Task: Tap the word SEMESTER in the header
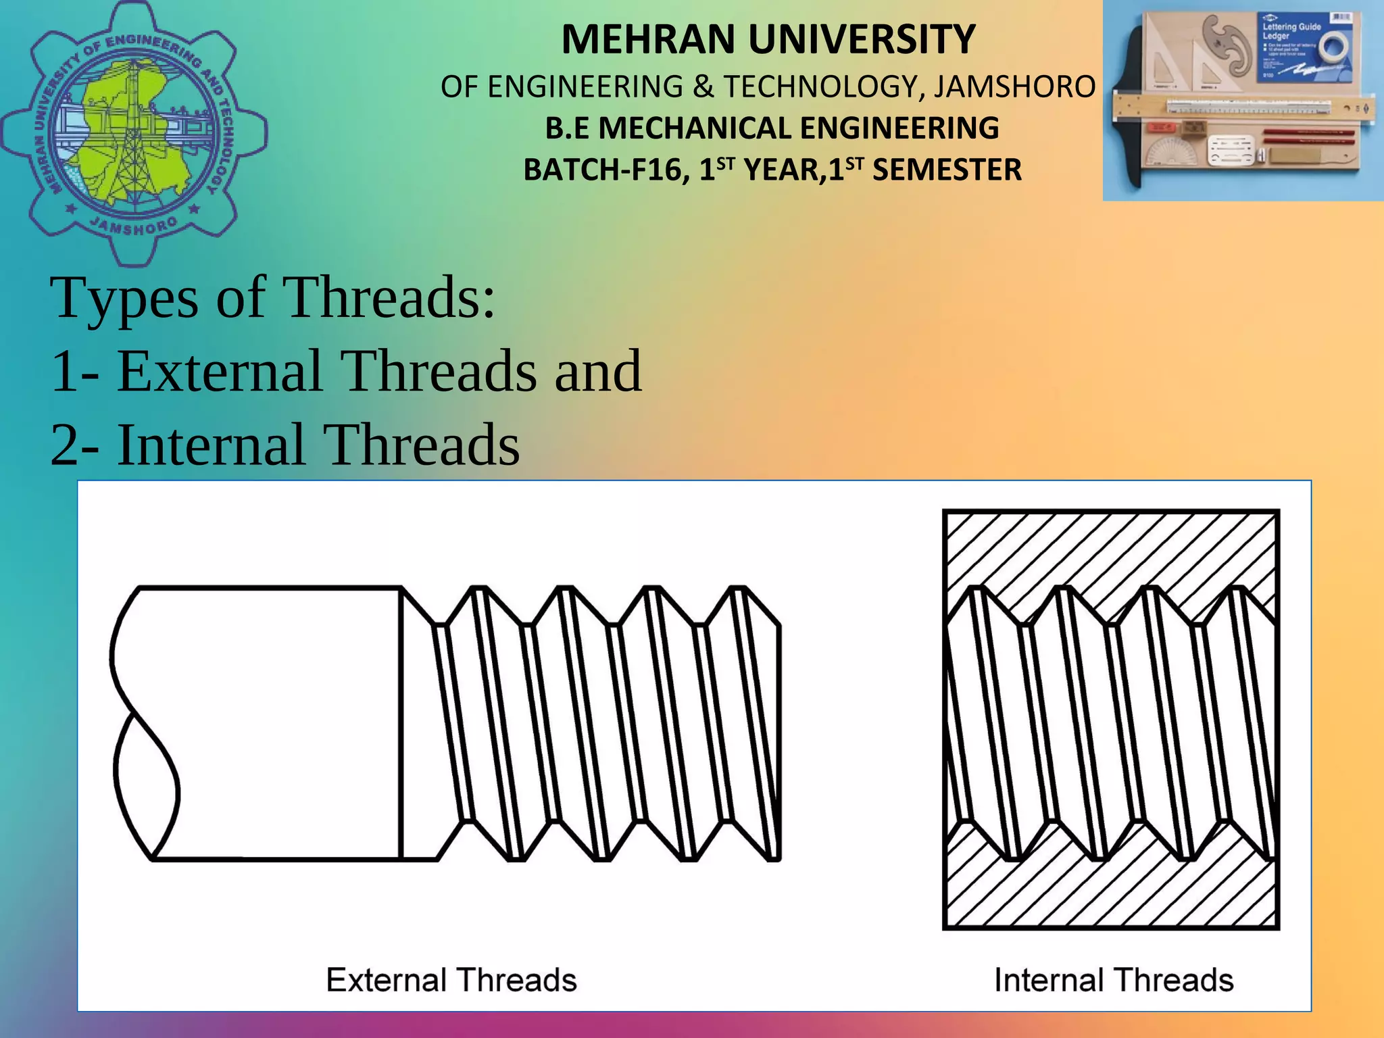pyautogui.click(x=946, y=170)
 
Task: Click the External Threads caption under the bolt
pyautogui.click(x=451, y=980)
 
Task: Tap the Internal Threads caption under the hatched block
pyautogui.click(x=1114, y=980)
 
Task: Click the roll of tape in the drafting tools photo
pyautogui.click(x=1327, y=48)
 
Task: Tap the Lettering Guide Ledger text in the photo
pyautogui.click(x=1291, y=30)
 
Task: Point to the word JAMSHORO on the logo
pyautogui.click(x=134, y=226)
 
